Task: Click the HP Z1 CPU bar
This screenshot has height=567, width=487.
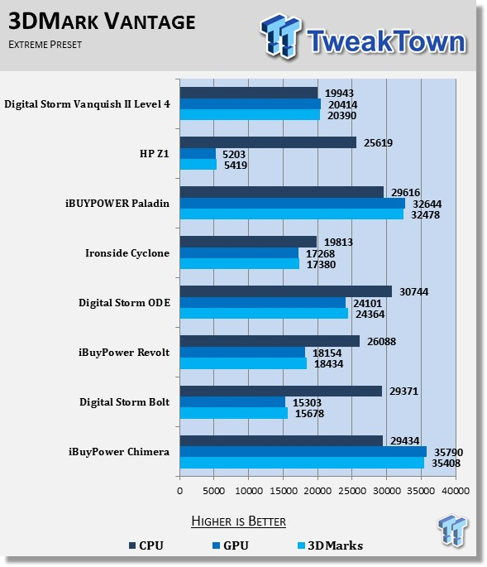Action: (268, 142)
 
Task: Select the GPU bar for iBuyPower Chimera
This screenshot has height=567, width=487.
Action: (303, 452)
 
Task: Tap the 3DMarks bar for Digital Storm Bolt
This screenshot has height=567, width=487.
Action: (234, 413)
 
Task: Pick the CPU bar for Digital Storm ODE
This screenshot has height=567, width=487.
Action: (286, 291)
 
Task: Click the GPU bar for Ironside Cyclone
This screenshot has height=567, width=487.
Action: (239, 253)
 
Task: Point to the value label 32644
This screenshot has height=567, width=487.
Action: (427, 204)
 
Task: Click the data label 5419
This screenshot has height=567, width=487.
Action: (236, 166)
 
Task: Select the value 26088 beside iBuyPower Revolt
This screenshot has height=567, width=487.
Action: (381, 341)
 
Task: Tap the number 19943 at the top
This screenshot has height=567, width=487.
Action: (339, 94)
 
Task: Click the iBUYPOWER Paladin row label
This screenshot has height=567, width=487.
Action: (117, 204)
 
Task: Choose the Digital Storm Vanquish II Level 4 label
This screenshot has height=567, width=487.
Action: (87, 104)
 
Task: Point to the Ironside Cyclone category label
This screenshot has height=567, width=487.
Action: (127, 252)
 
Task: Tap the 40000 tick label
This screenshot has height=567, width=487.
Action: (456, 491)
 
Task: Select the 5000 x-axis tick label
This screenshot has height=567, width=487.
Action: (213, 491)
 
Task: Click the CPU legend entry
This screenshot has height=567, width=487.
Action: (146, 545)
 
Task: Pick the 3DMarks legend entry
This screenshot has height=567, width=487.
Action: (330, 545)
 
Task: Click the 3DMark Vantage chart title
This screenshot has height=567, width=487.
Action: (102, 21)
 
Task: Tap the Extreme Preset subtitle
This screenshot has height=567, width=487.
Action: (45, 45)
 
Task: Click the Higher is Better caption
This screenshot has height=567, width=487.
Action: (238, 521)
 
